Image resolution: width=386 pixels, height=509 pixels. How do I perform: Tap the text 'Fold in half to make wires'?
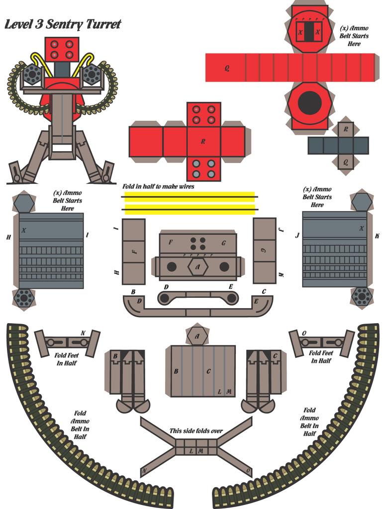[x=158, y=186]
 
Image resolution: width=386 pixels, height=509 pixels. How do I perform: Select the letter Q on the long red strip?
[x=227, y=68]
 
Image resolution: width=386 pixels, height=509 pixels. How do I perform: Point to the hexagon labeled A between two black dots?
[x=197, y=267]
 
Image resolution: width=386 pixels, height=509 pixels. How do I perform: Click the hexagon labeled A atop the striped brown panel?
[x=197, y=337]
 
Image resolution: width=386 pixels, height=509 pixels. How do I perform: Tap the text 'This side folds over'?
[x=196, y=431]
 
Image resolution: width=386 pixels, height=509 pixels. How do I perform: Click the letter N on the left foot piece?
[x=83, y=333]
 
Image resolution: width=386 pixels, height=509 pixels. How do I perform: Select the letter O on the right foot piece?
[x=304, y=334]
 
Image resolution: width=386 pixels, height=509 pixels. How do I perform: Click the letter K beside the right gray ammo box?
[x=377, y=236]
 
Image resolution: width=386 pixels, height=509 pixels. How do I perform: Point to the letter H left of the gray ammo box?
[x=8, y=238]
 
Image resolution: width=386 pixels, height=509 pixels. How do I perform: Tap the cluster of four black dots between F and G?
[x=197, y=244]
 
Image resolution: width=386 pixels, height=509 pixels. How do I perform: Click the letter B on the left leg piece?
[x=115, y=356]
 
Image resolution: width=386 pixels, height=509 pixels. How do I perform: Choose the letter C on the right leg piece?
[x=275, y=356]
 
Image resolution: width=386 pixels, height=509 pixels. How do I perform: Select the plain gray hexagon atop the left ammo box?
[x=24, y=203]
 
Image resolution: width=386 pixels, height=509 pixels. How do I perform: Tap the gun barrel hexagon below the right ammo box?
[x=361, y=296]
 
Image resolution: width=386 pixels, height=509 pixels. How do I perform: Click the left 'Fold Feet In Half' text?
[x=66, y=359]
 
